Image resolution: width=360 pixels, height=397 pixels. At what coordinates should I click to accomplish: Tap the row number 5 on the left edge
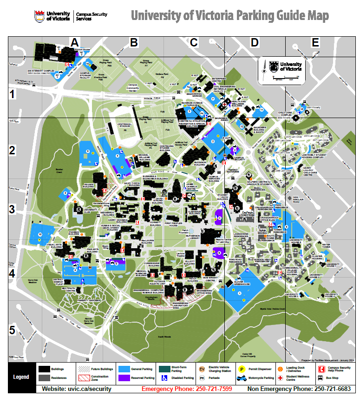click(x=13, y=330)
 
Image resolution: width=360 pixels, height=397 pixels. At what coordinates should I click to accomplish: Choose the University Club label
click(x=90, y=210)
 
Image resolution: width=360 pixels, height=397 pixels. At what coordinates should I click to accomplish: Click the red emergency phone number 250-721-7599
click(x=187, y=389)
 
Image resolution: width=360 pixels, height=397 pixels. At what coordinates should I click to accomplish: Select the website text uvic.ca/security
click(x=77, y=389)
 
